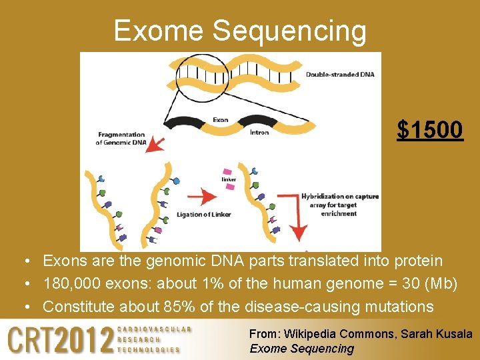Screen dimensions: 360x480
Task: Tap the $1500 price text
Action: coord(430,130)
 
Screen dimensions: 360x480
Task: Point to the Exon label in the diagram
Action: coord(220,120)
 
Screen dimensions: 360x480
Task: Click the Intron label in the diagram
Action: coord(259,132)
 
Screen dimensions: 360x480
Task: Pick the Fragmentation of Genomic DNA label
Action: coord(121,138)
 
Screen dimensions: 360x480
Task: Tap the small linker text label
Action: coord(228,179)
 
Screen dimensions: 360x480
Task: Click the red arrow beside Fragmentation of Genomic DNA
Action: coord(157,143)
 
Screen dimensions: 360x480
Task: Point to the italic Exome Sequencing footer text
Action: coord(301,348)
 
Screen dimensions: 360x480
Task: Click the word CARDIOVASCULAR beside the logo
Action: coord(154,329)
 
